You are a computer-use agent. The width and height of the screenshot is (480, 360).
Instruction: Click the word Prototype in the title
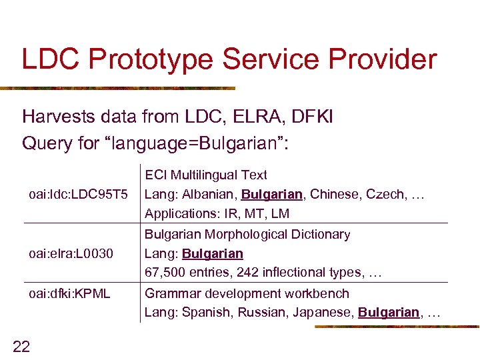[x=151, y=59]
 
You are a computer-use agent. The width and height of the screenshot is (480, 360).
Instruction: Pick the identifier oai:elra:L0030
[x=71, y=254]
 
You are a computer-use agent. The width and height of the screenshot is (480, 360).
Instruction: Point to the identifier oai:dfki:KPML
[x=69, y=293]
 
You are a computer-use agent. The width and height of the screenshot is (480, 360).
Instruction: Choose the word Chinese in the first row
[x=334, y=195]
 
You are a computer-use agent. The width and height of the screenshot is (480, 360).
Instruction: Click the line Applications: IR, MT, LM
[x=217, y=214]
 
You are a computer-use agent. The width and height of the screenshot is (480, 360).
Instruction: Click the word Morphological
[x=239, y=235]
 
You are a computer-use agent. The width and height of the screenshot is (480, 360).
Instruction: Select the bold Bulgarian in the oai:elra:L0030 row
[x=213, y=254]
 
